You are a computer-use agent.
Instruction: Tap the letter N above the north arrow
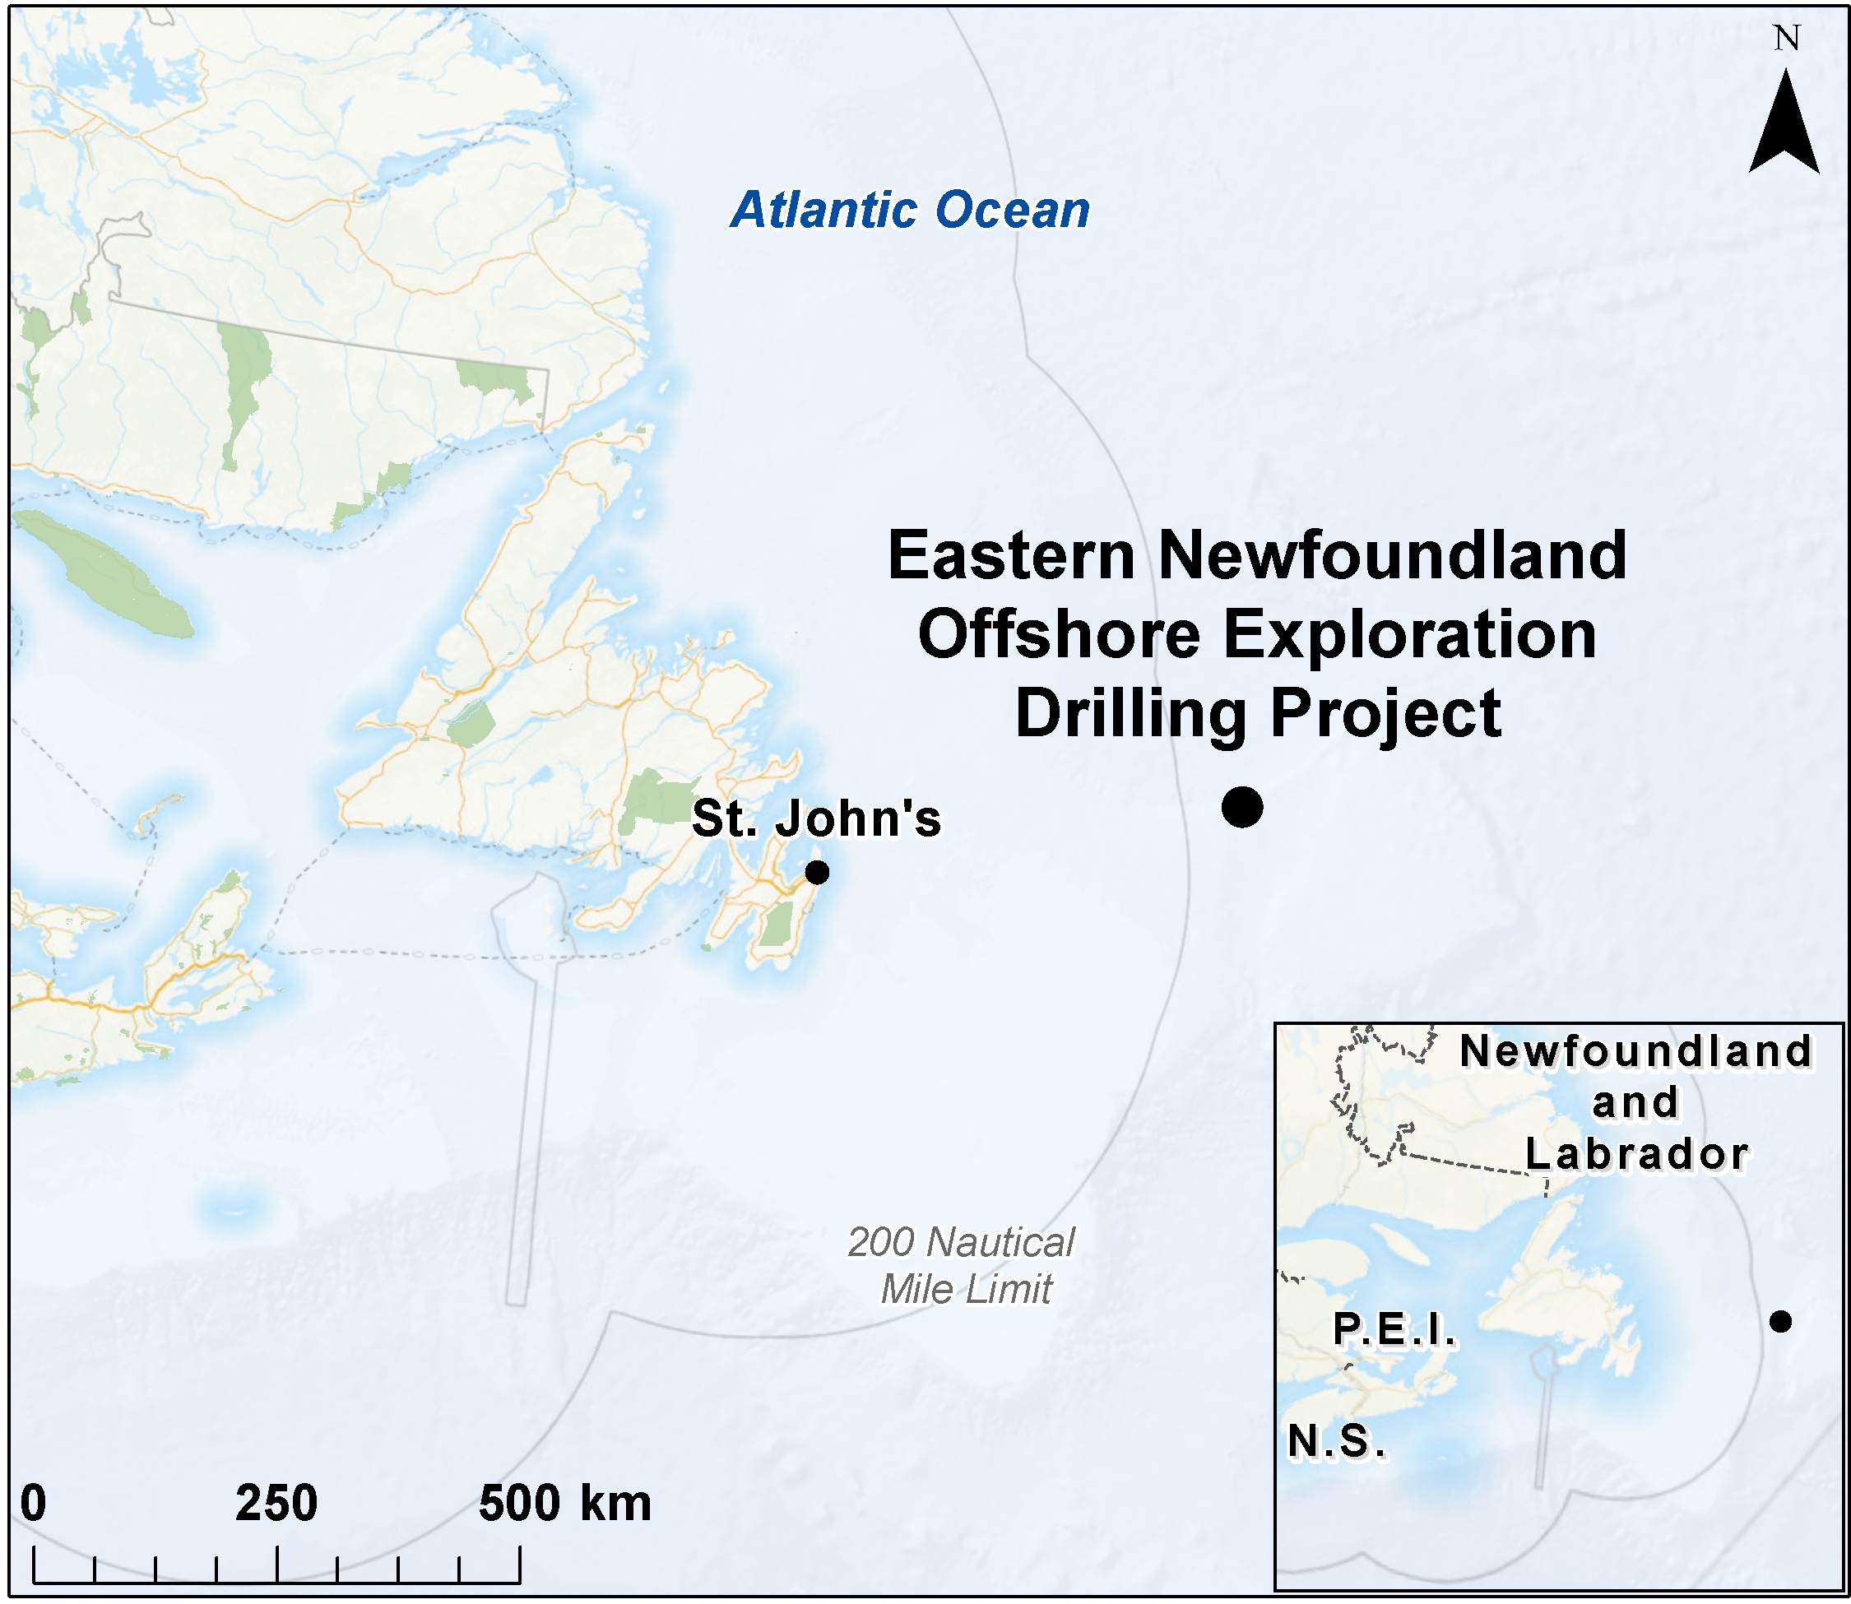tap(1787, 39)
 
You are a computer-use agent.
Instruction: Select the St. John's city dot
tap(816, 872)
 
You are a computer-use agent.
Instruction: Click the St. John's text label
tap(816, 818)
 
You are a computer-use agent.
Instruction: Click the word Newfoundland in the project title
tap(1392, 556)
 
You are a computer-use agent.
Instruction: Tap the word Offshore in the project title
tap(1059, 635)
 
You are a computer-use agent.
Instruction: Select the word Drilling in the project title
tap(1130, 713)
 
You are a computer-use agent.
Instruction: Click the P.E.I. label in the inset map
tap(1394, 1330)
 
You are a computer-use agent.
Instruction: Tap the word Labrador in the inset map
tap(1636, 1154)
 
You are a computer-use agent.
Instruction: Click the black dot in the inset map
tap(1780, 1321)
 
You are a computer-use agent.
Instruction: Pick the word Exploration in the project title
tap(1410, 635)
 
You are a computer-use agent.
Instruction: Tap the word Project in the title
tap(1385, 713)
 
